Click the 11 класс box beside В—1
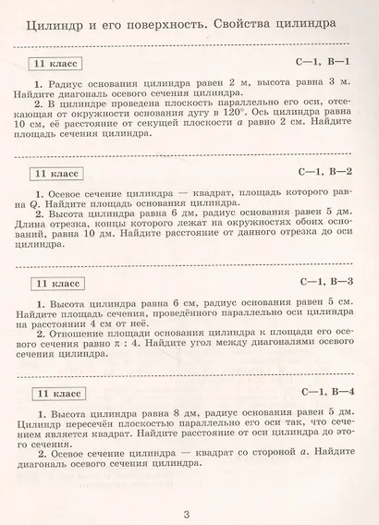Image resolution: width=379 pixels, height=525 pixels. click(x=55, y=63)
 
